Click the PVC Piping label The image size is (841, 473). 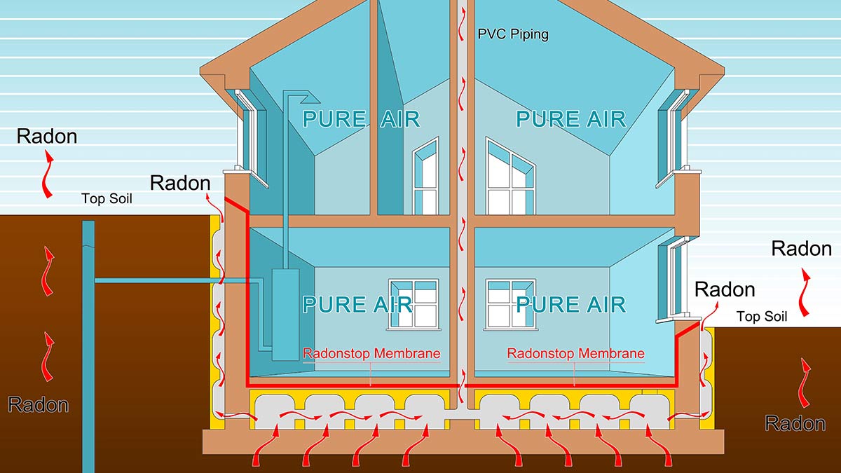513,34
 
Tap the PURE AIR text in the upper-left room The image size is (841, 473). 361,118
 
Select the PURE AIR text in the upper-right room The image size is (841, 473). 570,118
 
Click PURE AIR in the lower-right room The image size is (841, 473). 570,304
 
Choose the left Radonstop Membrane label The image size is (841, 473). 371,353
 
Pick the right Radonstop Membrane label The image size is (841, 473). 575,353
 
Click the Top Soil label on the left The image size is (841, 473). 107,199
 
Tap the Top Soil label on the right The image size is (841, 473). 762,317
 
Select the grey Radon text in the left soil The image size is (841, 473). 39,404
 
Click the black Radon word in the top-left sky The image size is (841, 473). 47,136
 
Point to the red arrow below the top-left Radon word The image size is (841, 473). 48,175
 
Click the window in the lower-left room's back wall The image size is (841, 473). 414,303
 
